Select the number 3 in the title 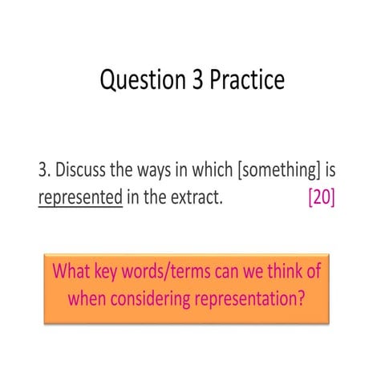[192, 80]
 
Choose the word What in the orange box [73, 271]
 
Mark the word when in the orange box [89, 299]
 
